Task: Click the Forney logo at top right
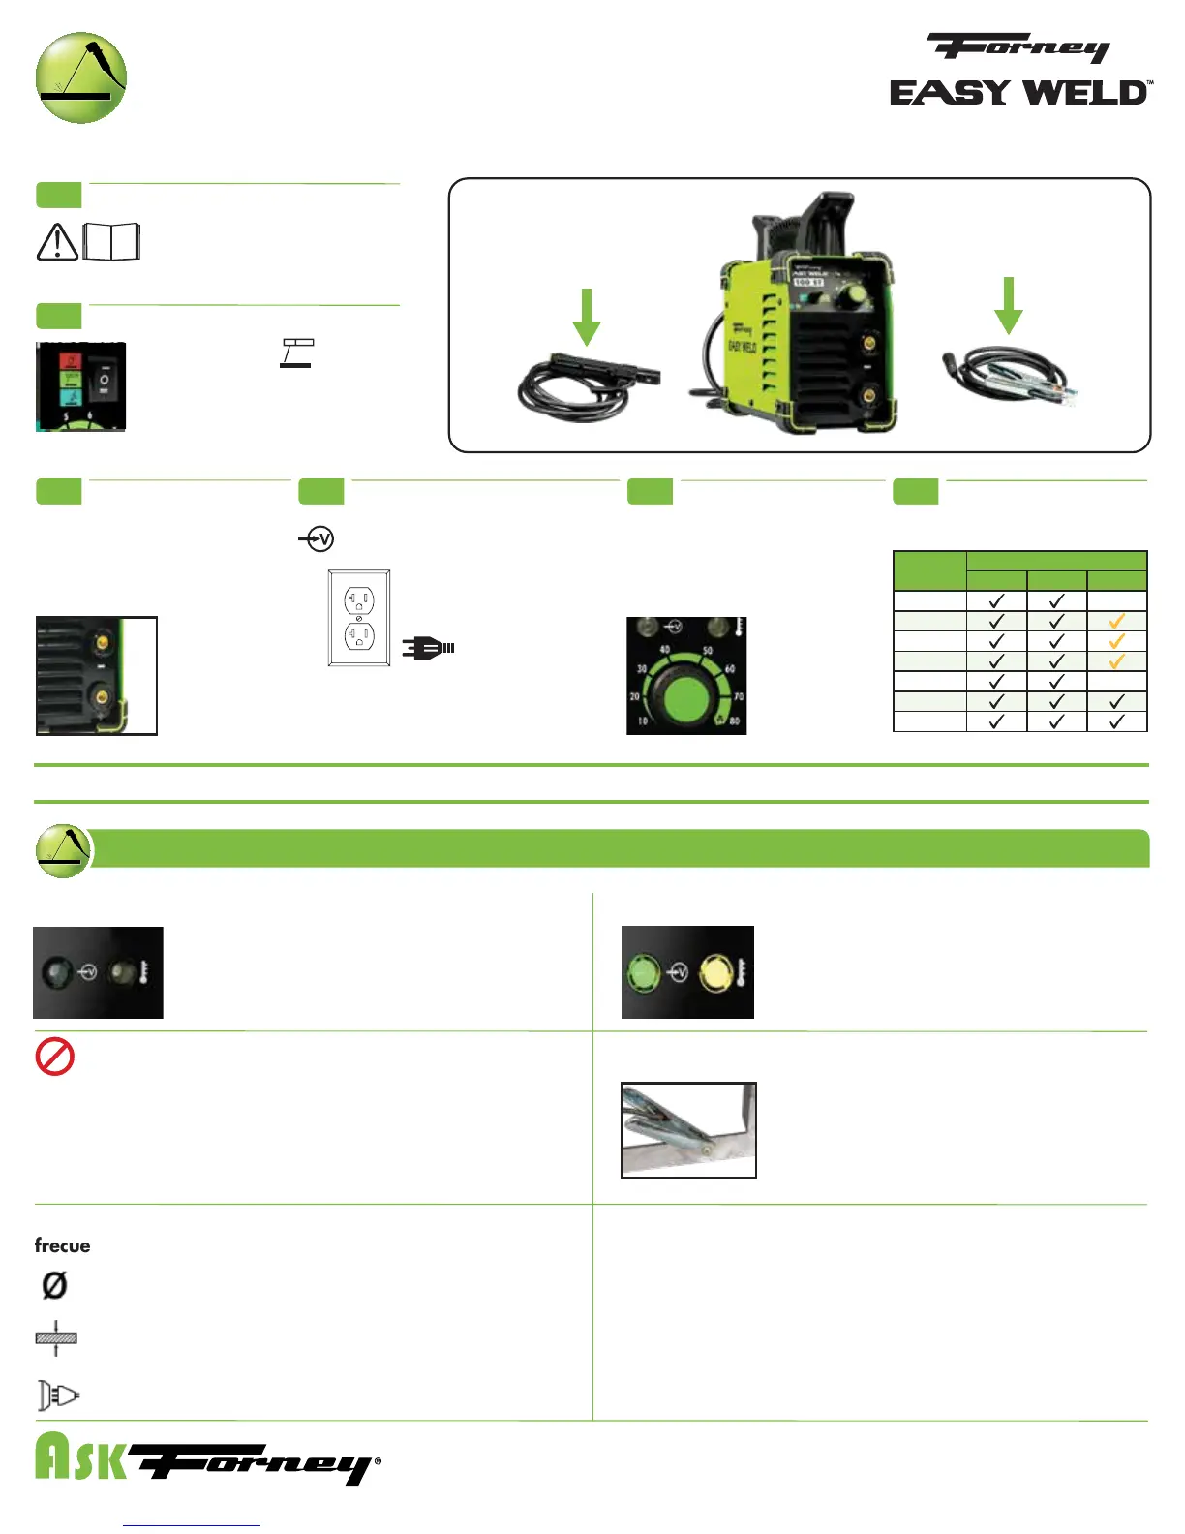pyautogui.click(x=1018, y=47)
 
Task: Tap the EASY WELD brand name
pyautogui.click(x=1020, y=93)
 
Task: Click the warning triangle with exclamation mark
pyautogui.click(x=57, y=242)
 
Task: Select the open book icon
pyautogui.click(x=112, y=241)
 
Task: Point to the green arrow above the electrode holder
pyautogui.click(x=587, y=316)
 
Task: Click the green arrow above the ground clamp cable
pyautogui.click(x=1009, y=305)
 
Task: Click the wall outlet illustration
pyautogui.click(x=359, y=618)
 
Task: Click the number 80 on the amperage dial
pyautogui.click(x=736, y=721)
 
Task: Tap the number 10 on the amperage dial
pyautogui.click(x=642, y=721)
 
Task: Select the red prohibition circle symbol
pyautogui.click(x=55, y=1057)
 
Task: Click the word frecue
pyautogui.click(x=63, y=1245)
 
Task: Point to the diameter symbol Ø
pyautogui.click(x=54, y=1285)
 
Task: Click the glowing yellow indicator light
pyautogui.click(x=716, y=972)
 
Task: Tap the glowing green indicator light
pyautogui.click(x=644, y=971)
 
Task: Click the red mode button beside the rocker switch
pyautogui.click(x=71, y=361)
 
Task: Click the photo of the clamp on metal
pyautogui.click(x=688, y=1129)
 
